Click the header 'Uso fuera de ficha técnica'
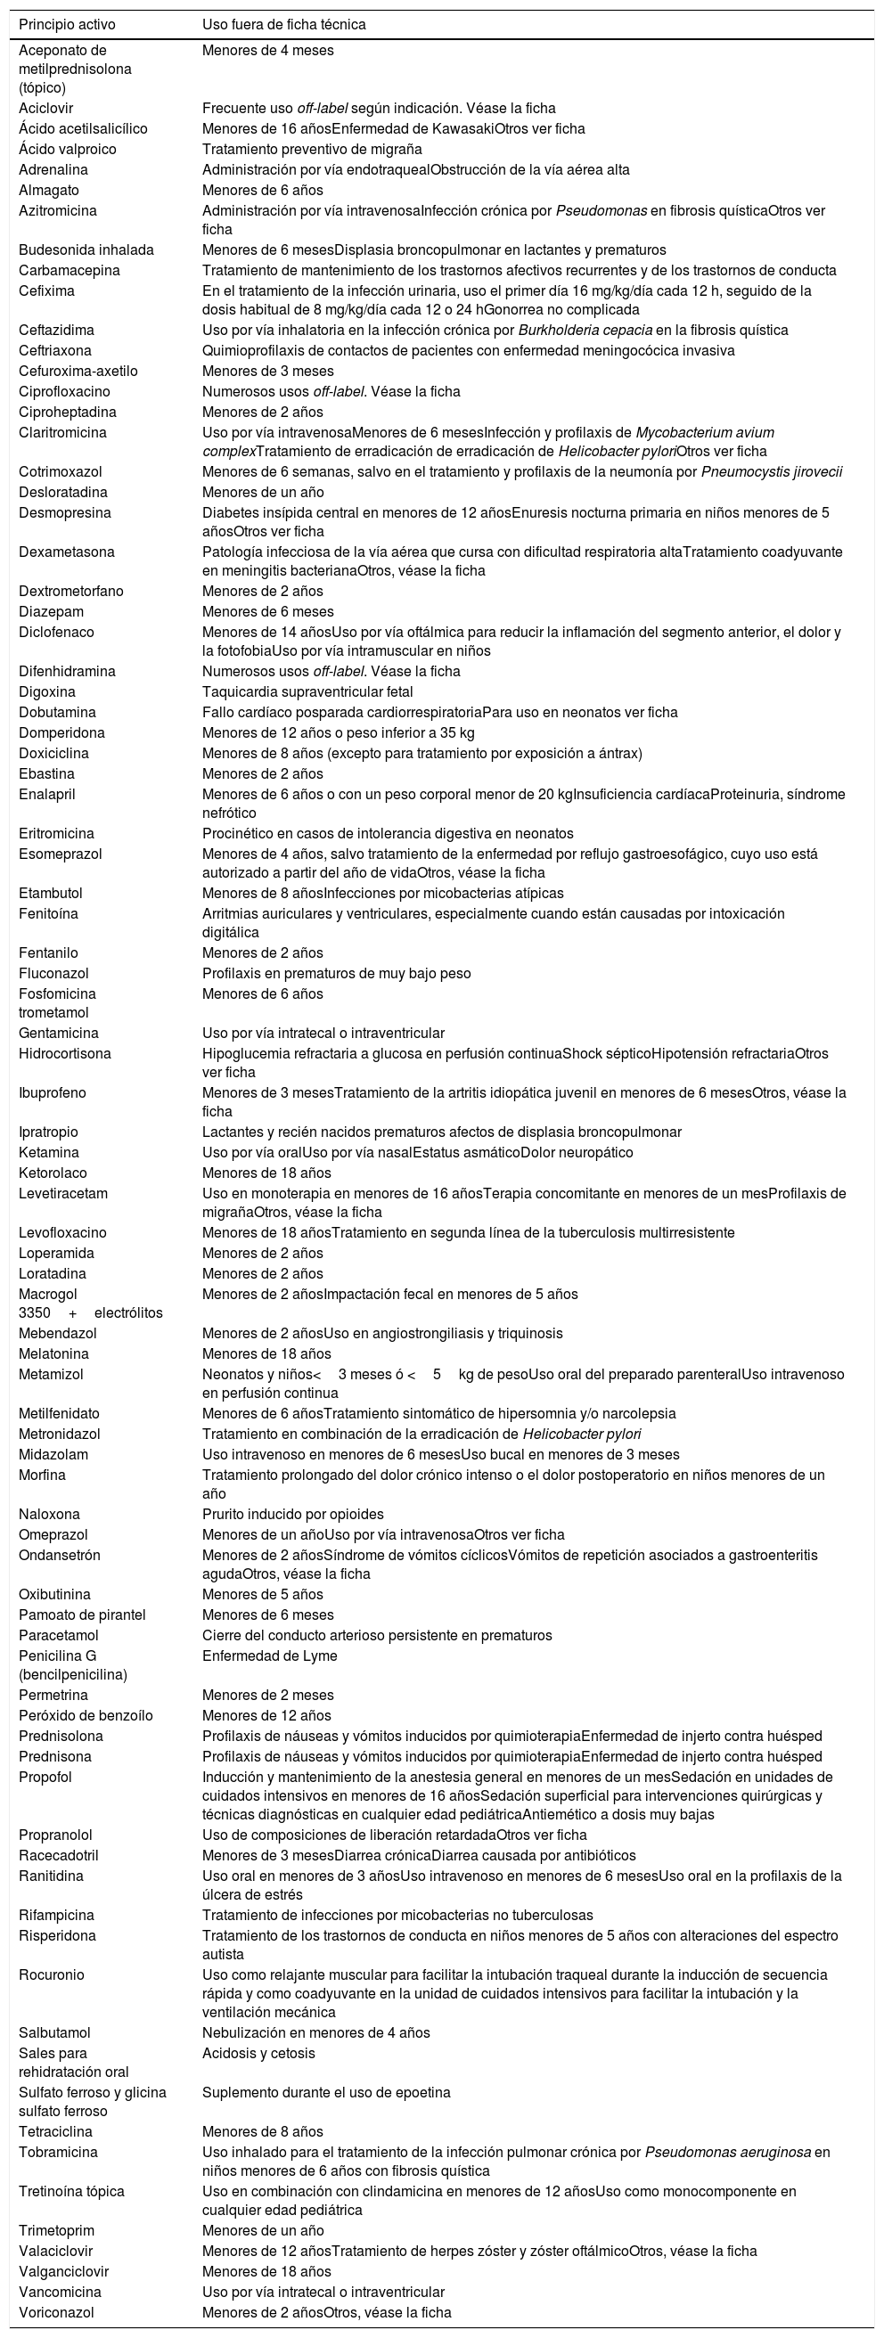point(284,25)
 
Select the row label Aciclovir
point(46,108)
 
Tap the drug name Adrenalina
point(53,169)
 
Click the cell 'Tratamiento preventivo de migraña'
point(311,149)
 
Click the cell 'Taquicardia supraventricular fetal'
point(308,691)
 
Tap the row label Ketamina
point(49,1152)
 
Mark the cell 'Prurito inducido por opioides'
point(292,1514)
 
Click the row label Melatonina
point(53,1353)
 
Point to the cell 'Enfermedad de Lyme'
point(269,1655)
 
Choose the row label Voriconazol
point(56,2311)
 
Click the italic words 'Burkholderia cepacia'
point(581,330)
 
